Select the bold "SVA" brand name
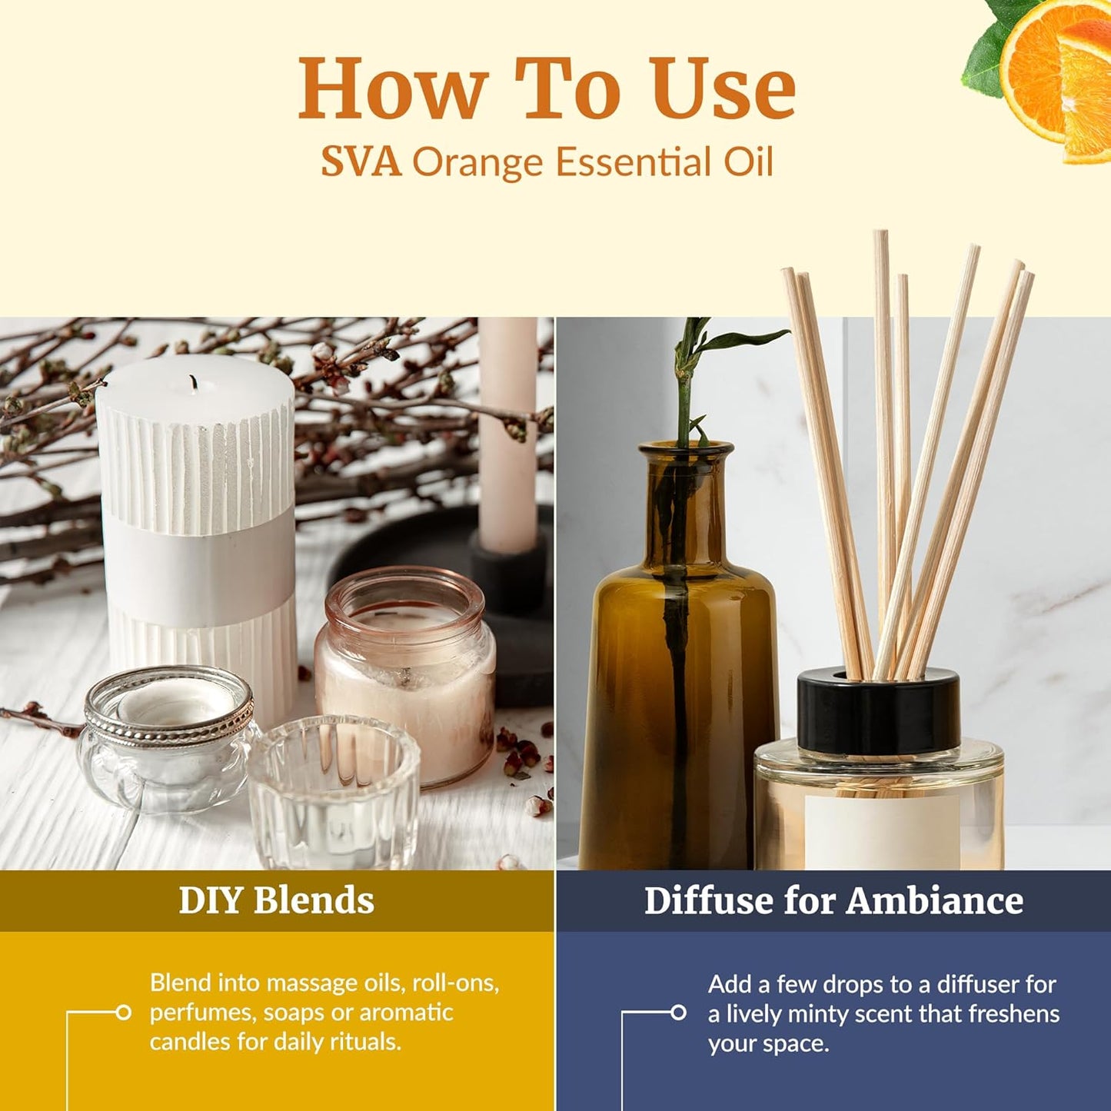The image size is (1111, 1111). point(361,163)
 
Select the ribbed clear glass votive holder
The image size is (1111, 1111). point(334,792)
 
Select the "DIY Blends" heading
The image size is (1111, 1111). point(276,900)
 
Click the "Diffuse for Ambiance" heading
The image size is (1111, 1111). point(833,900)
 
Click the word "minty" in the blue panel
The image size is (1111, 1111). point(846,1014)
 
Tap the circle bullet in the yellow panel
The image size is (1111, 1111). point(123,1013)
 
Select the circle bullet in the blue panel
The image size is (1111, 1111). point(678,1013)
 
